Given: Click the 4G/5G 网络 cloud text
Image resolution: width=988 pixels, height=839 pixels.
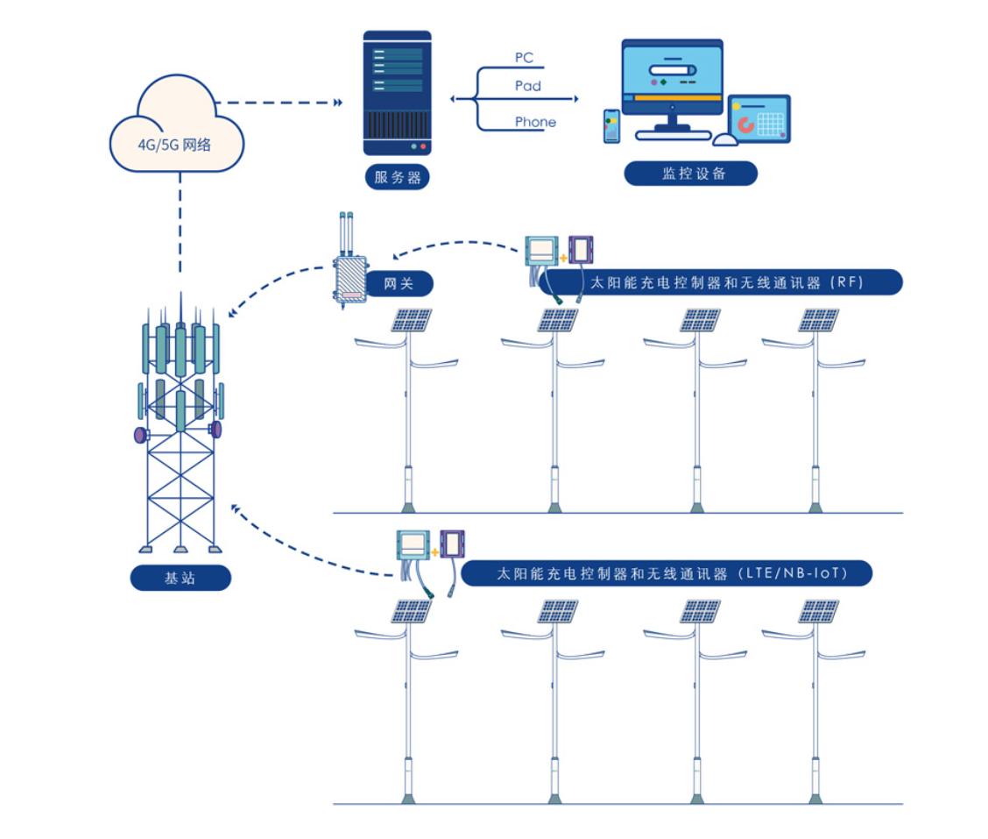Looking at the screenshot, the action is coord(174,145).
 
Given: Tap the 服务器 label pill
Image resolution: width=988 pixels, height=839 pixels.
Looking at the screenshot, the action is coord(397,177).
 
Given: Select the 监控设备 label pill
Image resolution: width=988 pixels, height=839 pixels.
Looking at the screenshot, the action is coord(690,174).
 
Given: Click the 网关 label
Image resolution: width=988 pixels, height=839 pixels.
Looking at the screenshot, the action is coord(399,283).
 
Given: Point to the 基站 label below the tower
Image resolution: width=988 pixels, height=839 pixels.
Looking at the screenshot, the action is coord(180,578).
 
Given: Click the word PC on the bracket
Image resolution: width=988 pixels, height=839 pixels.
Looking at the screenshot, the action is coord(524,57).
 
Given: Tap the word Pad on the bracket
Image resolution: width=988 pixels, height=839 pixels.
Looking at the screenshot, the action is coord(528,86).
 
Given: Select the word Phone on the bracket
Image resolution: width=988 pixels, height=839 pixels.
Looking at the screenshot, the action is coord(535,122).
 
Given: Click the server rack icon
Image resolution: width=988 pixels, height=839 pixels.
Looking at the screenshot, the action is coord(397,93).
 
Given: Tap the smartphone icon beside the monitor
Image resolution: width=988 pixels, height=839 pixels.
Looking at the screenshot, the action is coord(611,126).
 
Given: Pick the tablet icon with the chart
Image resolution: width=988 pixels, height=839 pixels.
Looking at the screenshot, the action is coord(759,118).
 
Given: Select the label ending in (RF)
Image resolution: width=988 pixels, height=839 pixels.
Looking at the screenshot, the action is coord(721,282).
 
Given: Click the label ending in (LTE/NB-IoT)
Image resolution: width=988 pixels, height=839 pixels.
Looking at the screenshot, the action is coord(667,573).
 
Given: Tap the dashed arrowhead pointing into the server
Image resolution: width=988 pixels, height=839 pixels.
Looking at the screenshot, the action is coord(338,103).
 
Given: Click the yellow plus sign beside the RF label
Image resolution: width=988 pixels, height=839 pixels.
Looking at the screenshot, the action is coord(563,258).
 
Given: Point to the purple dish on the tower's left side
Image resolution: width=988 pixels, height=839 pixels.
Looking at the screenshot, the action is coord(140,435).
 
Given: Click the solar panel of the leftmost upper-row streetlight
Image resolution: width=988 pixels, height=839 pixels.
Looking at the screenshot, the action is coord(411,320).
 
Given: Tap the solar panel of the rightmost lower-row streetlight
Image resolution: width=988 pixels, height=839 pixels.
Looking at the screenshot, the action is coord(818,611).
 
